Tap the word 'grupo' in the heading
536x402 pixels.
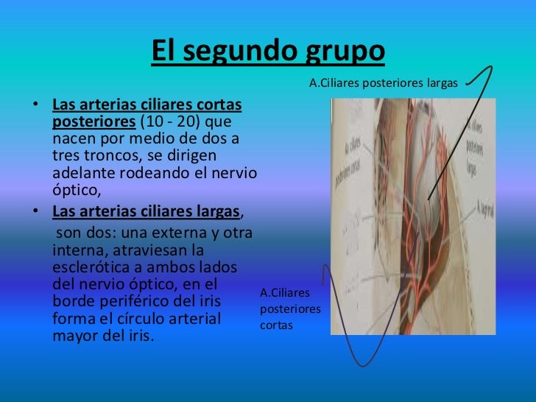[x=343, y=52]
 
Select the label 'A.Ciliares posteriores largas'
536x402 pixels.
[x=383, y=83]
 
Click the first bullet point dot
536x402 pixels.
[x=35, y=104]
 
